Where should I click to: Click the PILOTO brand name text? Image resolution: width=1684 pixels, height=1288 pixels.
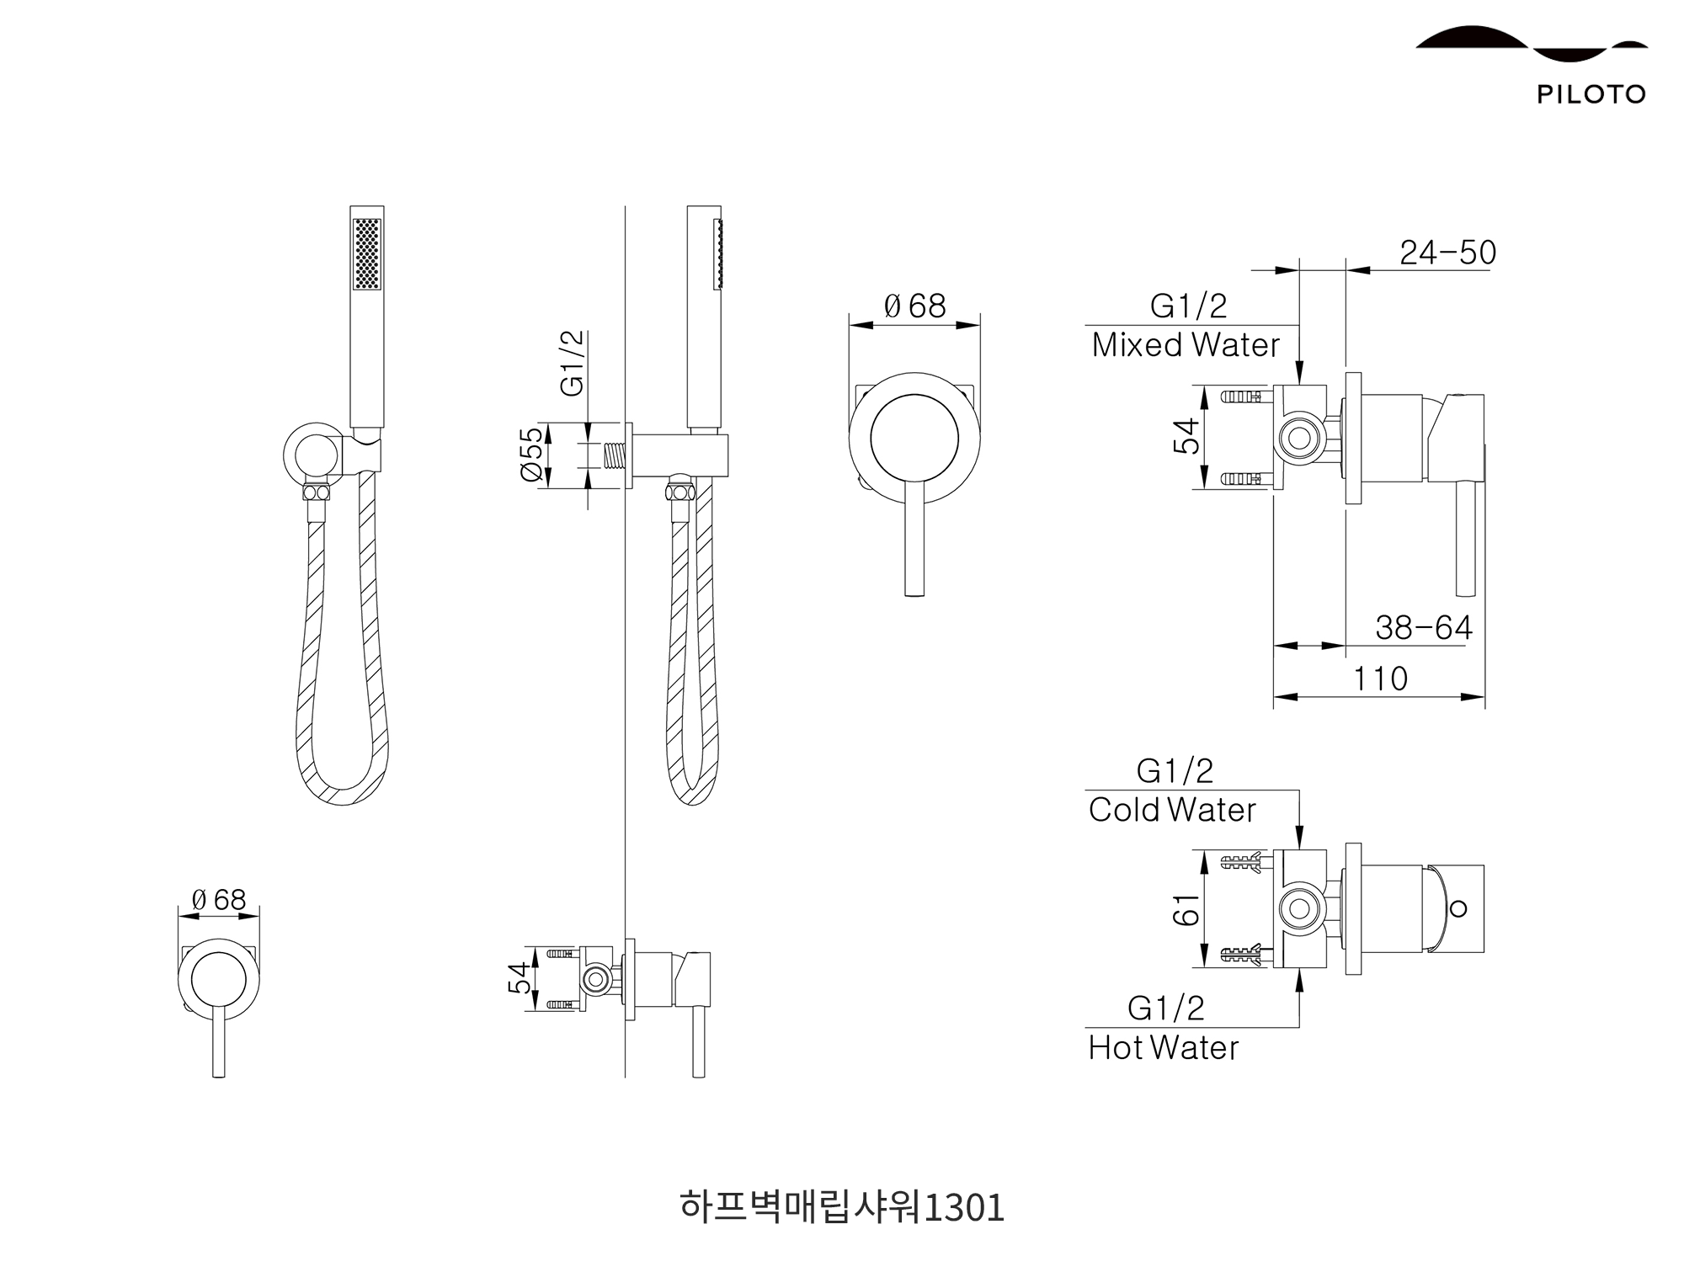(1591, 94)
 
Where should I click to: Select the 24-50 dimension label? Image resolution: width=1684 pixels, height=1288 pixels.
(1447, 253)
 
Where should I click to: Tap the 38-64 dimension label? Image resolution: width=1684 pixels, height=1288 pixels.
(1424, 628)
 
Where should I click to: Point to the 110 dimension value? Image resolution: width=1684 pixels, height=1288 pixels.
(1380, 679)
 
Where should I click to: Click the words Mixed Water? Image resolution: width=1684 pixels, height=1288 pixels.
(1186, 345)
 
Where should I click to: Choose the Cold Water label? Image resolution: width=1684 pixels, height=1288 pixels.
(1172, 810)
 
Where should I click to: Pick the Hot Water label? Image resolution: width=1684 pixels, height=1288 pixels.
(1163, 1048)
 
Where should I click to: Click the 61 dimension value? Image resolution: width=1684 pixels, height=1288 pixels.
(1186, 909)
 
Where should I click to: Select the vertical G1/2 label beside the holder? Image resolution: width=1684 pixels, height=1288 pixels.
(572, 363)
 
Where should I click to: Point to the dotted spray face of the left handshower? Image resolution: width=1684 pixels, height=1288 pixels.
(368, 254)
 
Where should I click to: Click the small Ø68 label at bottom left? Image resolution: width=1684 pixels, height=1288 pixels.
(219, 900)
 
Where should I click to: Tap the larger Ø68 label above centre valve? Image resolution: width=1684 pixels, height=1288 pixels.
(914, 306)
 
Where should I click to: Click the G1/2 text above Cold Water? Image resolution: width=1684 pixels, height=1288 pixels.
(1175, 771)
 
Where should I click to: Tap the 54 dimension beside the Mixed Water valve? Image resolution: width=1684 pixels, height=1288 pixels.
(1186, 437)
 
